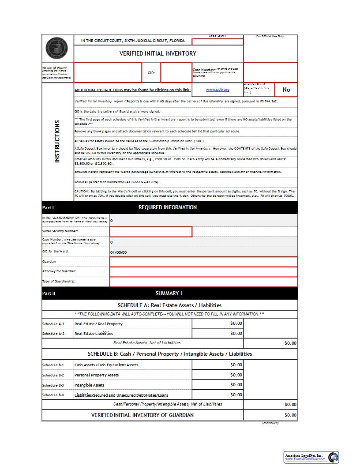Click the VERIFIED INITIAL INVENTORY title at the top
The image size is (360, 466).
coord(158,53)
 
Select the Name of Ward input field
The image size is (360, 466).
coord(107,72)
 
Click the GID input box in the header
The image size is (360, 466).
coord(176,72)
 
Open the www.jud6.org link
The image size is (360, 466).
coord(217,90)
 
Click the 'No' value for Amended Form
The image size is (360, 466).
coord(286,90)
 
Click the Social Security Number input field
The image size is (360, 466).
coord(150,232)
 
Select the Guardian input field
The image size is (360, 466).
coord(203,262)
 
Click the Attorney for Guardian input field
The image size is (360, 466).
coord(203,271)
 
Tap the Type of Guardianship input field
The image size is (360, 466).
coord(203,282)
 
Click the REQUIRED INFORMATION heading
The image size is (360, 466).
coord(168,207)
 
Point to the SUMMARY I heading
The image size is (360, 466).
coord(169,293)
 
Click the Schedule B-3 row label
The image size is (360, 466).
coord(53,385)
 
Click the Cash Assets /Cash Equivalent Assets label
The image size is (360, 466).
coord(106,365)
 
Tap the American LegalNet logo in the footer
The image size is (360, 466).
coord(311,457)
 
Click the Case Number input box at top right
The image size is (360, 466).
coord(270,72)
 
